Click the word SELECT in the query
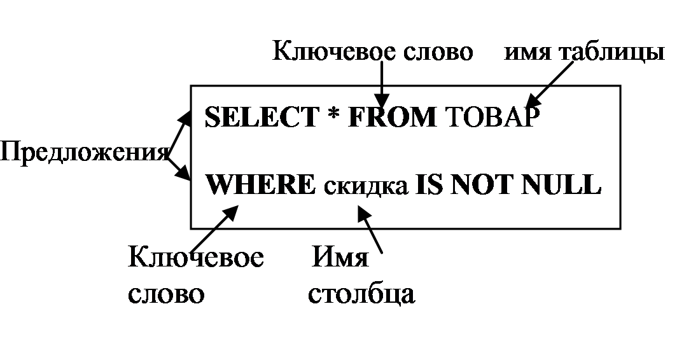click(261, 118)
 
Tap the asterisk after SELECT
click(333, 118)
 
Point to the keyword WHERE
click(261, 185)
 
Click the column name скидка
click(365, 186)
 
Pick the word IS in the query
click(428, 185)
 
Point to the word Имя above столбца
click(340, 259)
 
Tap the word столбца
click(361, 294)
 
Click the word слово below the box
click(167, 294)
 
